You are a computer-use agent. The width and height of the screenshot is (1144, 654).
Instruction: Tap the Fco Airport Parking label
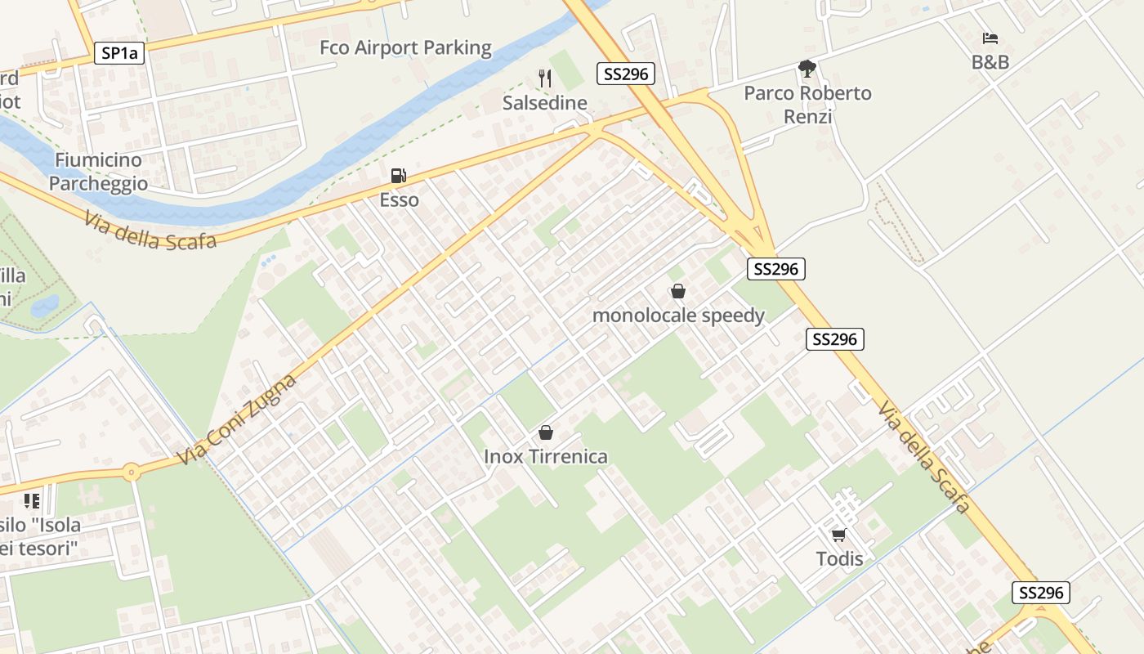pyautogui.click(x=405, y=47)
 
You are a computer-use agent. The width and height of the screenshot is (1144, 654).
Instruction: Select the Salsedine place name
pyautogui.click(x=544, y=103)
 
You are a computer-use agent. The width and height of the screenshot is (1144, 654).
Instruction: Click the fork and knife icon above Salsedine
pyautogui.click(x=545, y=78)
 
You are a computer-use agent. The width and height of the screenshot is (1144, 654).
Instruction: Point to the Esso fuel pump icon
pyautogui.click(x=398, y=175)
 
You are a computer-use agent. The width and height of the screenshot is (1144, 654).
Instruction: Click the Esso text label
pyautogui.click(x=399, y=199)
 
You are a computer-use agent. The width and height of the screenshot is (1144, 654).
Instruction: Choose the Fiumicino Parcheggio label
pyautogui.click(x=98, y=172)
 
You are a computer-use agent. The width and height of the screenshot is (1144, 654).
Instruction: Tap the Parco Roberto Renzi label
pyautogui.click(x=807, y=105)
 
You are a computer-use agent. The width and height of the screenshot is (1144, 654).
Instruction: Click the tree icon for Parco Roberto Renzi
pyautogui.click(x=807, y=68)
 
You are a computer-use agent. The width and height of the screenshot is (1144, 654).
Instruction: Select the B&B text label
pyautogui.click(x=990, y=62)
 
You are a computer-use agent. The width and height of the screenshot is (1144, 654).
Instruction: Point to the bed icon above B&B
pyautogui.click(x=990, y=38)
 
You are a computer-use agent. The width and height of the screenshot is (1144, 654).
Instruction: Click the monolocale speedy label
pyautogui.click(x=678, y=316)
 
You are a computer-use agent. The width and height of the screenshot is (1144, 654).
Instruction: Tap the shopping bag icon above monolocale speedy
pyautogui.click(x=677, y=291)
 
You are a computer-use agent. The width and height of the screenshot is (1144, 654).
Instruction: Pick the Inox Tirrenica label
pyautogui.click(x=546, y=456)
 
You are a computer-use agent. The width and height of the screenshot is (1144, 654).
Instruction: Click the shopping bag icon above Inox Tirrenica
pyautogui.click(x=545, y=432)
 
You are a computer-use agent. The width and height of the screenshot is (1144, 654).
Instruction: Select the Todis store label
pyautogui.click(x=839, y=559)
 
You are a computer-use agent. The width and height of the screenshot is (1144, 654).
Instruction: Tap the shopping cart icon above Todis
pyautogui.click(x=838, y=535)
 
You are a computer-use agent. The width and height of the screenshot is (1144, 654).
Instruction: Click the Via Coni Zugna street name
pyautogui.click(x=236, y=420)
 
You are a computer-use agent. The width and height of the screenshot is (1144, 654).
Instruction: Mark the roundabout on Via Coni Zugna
pyautogui.click(x=131, y=472)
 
